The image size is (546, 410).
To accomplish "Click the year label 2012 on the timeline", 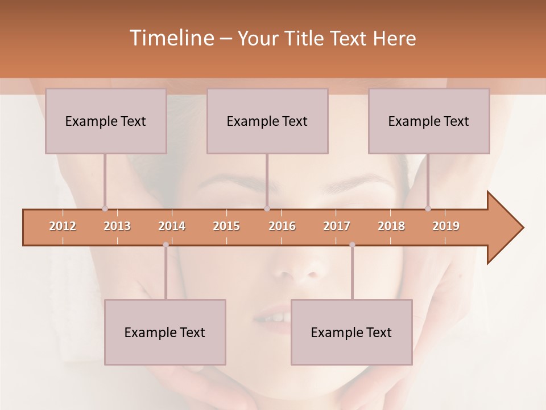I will pyautogui.click(x=63, y=226).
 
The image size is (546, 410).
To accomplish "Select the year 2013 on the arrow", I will pyautogui.click(x=117, y=226).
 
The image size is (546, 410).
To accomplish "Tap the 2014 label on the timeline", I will pyautogui.click(x=172, y=226).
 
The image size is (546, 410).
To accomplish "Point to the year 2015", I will pyautogui.click(x=226, y=226).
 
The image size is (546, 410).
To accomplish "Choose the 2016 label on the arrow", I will pyautogui.click(x=282, y=226).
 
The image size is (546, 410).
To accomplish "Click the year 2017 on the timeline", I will pyautogui.click(x=337, y=226).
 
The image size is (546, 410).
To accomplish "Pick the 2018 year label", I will pyautogui.click(x=391, y=226).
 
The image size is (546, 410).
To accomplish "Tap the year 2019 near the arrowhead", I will pyautogui.click(x=446, y=226).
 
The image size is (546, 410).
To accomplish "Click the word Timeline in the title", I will pyautogui.click(x=171, y=38).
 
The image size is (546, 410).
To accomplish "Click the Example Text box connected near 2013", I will pyautogui.click(x=106, y=121).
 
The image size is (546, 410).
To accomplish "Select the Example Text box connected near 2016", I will pyautogui.click(x=267, y=121).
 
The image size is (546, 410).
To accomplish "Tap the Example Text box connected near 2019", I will pyautogui.click(x=429, y=121).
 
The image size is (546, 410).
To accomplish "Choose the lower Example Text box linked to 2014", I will pyautogui.click(x=165, y=332).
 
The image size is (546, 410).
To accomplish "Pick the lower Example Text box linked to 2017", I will pyautogui.click(x=351, y=332).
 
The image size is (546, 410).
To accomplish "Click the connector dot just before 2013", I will pyautogui.click(x=105, y=209).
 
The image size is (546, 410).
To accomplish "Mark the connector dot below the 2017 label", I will pyautogui.click(x=352, y=245).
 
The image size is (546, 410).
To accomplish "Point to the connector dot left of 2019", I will pyautogui.click(x=428, y=209).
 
